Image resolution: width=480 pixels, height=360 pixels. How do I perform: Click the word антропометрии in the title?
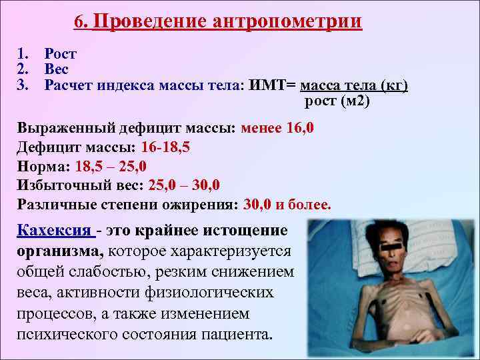(x=288, y=22)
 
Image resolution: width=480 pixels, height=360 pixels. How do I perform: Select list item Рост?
(x=60, y=53)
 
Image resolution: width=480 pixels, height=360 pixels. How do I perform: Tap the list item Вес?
(x=57, y=69)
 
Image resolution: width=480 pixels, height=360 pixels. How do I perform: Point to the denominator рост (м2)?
(x=336, y=101)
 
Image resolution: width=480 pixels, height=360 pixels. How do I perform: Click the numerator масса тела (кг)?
(x=354, y=85)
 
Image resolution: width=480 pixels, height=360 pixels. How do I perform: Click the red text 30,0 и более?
(x=287, y=203)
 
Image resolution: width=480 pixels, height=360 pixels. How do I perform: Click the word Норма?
(x=39, y=166)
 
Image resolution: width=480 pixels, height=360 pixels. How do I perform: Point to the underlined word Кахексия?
(x=54, y=231)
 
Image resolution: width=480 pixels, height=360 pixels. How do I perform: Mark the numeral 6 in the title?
(x=80, y=22)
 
